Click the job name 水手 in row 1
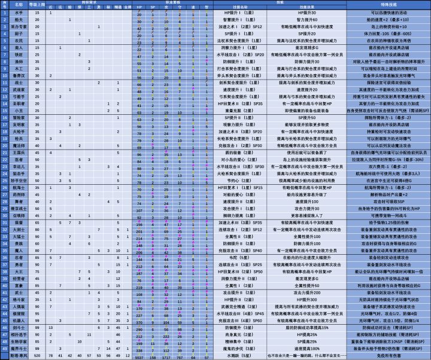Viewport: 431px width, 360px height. tap(19, 13)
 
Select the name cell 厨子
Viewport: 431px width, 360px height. tap(19, 34)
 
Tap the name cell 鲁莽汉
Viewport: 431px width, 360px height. tap(19, 77)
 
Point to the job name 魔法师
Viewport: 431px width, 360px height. tap(19, 145)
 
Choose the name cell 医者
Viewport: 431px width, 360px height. tap(19, 160)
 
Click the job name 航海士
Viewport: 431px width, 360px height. tap(19, 188)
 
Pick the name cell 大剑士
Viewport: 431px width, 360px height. tap(19, 230)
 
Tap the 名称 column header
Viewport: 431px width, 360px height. tap(19, 5)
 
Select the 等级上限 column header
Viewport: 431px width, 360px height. tap(37, 5)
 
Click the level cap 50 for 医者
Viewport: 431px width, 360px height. tap(37, 160)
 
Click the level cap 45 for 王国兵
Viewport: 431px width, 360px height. tap(37, 153)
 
